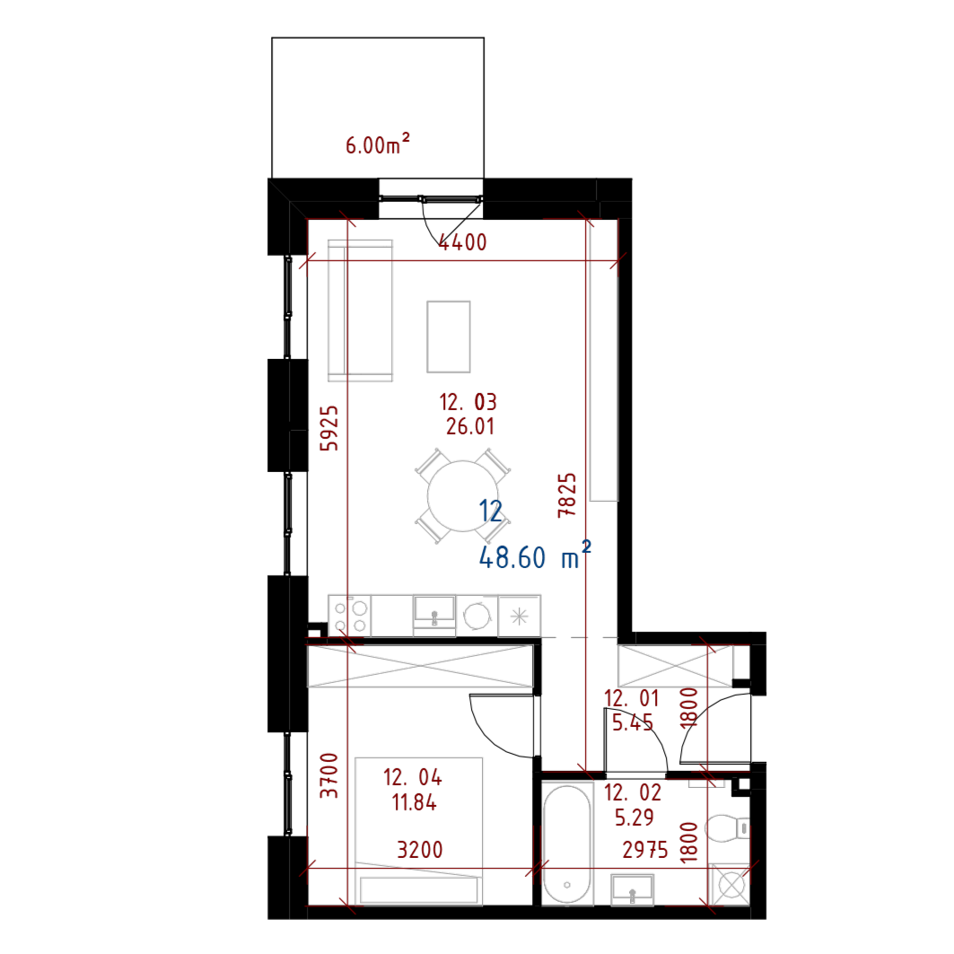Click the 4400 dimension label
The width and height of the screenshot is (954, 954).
tap(462, 242)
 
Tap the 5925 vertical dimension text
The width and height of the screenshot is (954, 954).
tap(329, 428)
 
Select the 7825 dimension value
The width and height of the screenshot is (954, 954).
tap(566, 495)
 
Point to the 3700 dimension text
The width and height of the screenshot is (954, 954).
tap(329, 775)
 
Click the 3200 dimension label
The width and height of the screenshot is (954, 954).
tap(420, 849)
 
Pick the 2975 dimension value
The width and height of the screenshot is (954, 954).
tap(645, 850)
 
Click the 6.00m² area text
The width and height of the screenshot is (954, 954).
tap(378, 144)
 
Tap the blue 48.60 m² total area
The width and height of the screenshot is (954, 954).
tap(535, 557)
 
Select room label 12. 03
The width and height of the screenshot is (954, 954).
tap(468, 402)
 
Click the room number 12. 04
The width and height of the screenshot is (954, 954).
tap(413, 777)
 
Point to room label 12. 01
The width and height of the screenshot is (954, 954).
tap(632, 699)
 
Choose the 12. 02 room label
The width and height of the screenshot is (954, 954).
tap(633, 793)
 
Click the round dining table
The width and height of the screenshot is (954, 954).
tap(462, 496)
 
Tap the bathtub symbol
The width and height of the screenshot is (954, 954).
tap(567, 844)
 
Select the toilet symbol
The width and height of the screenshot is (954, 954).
tap(726, 828)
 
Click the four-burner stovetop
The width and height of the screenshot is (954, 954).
tap(350, 617)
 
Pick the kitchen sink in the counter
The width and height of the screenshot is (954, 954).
tap(433, 611)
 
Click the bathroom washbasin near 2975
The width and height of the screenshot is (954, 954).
tap(632, 890)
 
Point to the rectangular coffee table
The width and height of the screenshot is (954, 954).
tap(448, 337)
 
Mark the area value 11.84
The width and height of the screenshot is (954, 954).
tap(415, 802)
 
